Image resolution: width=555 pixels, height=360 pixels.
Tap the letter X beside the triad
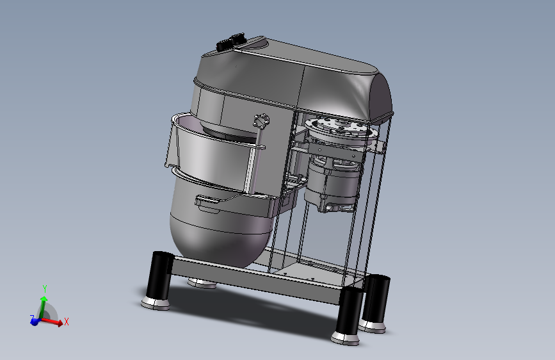click(x=66, y=322)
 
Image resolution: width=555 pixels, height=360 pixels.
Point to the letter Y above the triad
click(x=45, y=289)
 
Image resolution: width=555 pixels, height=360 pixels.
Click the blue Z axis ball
click(x=35, y=322)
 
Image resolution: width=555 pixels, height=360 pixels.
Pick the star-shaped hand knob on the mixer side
click(x=261, y=121)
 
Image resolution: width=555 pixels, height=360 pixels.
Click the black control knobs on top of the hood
click(x=231, y=42)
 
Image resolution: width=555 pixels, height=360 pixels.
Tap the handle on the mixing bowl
click(x=208, y=202)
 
